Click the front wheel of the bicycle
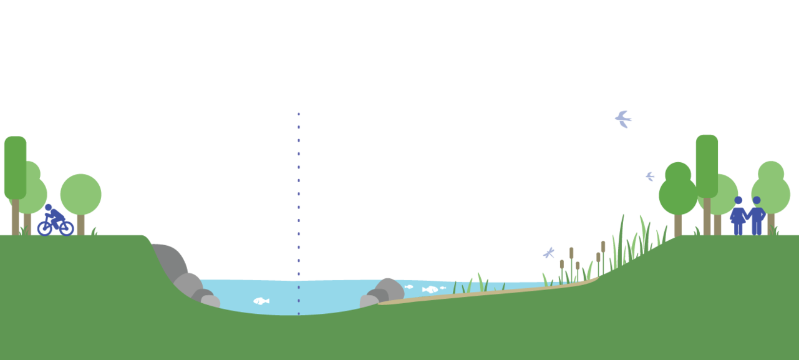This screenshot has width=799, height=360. [x=66, y=228]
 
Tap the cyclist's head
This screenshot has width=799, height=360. [x=49, y=207]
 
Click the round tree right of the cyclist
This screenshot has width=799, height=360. [x=80, y=195]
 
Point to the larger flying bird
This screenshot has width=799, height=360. [x=623, y=119]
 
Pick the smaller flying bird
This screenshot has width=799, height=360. [x=650, y=177]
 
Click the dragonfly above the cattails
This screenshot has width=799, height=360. [x=549, y=253]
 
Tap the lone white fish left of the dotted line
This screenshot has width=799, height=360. [x=261, y=301]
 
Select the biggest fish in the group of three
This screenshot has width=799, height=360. [x=430, y=289]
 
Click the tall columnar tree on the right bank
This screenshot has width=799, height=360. [x=707, y=165]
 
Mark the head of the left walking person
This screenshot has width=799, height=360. [x=738, y=200]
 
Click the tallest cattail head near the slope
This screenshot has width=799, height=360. [x=603, y=246]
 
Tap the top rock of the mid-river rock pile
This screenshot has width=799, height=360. [x=388, y=288]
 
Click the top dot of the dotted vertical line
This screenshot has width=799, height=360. [x=299, y=114]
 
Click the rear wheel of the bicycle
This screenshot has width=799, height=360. [x=44, y=228]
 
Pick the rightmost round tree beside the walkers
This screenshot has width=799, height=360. [x=772, y=190]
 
